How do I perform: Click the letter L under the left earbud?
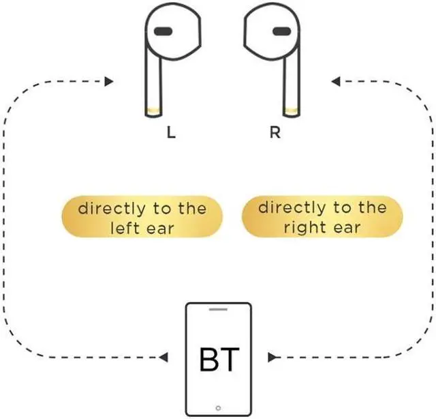point(171,133)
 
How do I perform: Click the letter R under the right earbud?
point(275,133)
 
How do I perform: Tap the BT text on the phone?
point(219,358)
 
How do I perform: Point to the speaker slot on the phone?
point(219,311)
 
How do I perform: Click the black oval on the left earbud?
point(163,31)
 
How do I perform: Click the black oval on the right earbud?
point(281,31)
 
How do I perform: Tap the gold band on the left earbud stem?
point(155,110)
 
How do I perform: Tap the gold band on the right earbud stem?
point(291,110)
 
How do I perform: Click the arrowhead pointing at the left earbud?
point(108,82)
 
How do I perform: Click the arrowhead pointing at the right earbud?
point(336,82)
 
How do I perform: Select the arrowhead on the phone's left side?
point(163,357)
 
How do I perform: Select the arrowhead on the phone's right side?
point(272,357)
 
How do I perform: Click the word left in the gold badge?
point(124,228)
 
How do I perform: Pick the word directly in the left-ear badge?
point(112,208)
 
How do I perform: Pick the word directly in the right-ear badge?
point(292,208)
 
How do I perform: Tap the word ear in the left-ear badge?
point(159,228)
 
